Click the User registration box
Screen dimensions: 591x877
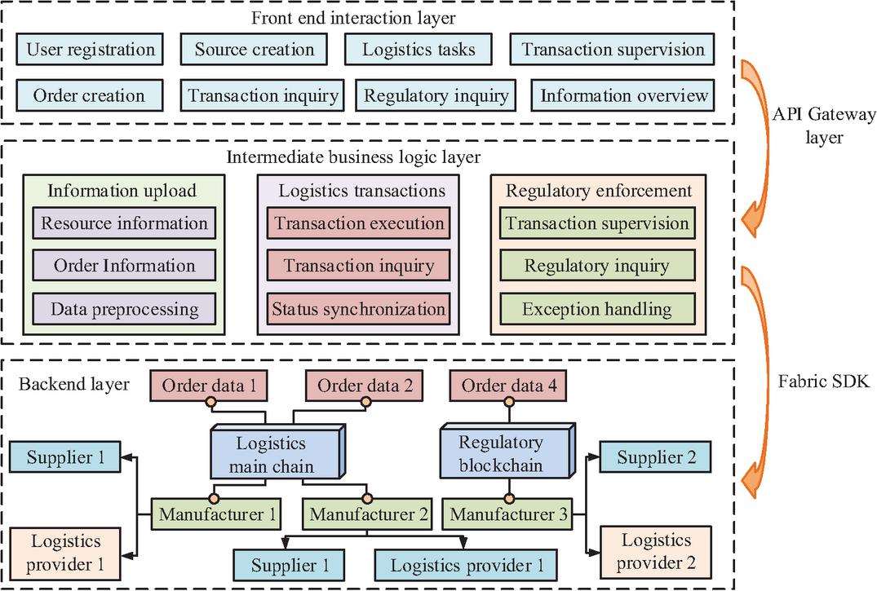[90, 50]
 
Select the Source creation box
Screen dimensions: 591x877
[255, 50]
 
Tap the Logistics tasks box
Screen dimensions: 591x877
[419, 50]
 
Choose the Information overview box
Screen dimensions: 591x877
[624, 95]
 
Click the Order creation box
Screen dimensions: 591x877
[89, 95]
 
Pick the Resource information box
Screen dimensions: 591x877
[125, 223]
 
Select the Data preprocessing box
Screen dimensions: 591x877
[125, 309]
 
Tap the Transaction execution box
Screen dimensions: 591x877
[359, 223]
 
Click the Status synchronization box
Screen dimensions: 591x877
[359, 309]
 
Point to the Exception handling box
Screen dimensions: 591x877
[596, 309]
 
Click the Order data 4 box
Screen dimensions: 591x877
[510, 386]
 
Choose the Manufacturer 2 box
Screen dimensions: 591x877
[368, 514]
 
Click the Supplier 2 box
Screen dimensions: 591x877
[655, 457]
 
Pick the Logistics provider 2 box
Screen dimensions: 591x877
[656, 551]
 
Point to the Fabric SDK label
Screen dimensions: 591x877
[823, 381]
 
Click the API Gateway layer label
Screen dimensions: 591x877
[823, 126]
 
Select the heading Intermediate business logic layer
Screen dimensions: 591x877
[365, 157]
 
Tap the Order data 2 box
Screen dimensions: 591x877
[363, 386]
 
